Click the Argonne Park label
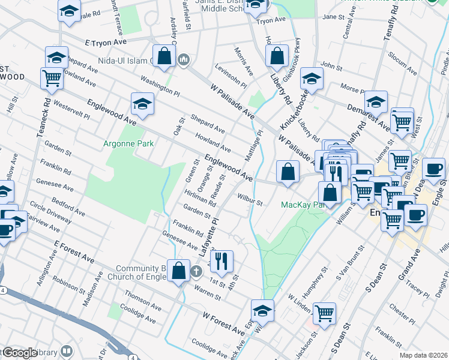pyautogui.click(x=128, y=143)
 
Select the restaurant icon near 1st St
pyautogui.click(x=222, y=260)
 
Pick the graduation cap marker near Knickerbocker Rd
pyautogui.click(x=312, y=80)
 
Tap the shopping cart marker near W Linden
pyautogui.click(x=324, y=313)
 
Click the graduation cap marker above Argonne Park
pyautogui.click(x=142, y=103)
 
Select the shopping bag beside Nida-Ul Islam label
pyautogui.click(x=164, y=56)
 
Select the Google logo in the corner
pyautogui.click(x=20, y=353)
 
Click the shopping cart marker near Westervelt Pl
pyautogui.click(x=51, y=77)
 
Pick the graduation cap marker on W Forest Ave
pyautogui.click(x=262, y=311)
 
